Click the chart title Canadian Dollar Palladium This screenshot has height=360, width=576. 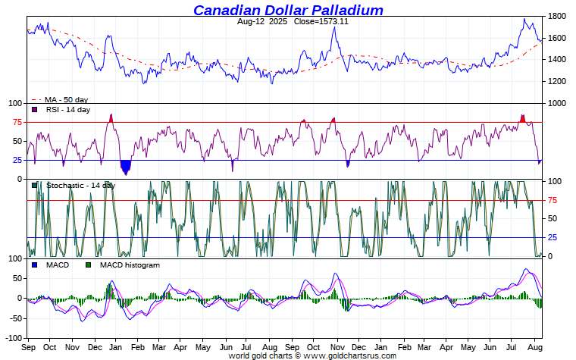point(288,10)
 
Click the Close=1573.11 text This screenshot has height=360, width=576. point(321,21)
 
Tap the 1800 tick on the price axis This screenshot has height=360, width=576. point(557,16)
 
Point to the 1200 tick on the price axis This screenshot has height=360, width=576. point(557,81)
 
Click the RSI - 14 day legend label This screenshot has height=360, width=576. point(67,110)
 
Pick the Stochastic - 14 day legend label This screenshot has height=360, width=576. point(80,185)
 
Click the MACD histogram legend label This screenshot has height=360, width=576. point(130,265)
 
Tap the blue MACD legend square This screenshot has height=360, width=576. point(34,265)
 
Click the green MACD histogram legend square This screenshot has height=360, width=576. point(88,265)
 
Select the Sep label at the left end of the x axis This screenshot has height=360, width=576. point(29,347)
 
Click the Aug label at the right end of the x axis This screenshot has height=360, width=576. point(534,347)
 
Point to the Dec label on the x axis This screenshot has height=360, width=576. point(94,347)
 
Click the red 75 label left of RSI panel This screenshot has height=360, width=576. point(16,122)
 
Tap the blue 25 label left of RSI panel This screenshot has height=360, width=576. point(16,160)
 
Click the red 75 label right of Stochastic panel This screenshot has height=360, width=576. point(553,200)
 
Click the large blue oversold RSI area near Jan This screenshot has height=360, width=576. point(126,166)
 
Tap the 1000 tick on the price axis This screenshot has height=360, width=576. point(557,103)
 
